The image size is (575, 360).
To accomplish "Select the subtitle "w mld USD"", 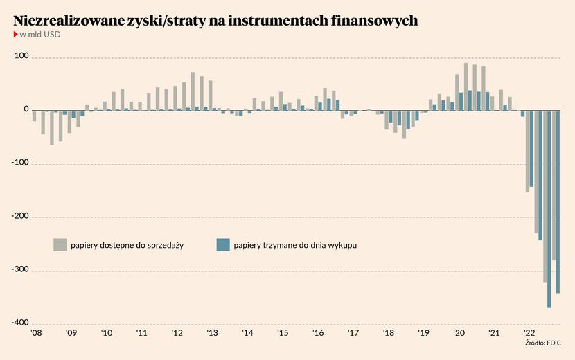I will [x=40, y=34].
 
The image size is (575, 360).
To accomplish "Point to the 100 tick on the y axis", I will [x=21, y=56].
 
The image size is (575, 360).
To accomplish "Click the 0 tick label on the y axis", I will [x=26, y=109].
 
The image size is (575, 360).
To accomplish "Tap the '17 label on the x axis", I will [x=353, y=333].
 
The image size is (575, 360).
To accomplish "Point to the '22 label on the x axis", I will [x=529, y=333].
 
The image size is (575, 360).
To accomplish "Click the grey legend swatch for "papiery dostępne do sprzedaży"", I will [x=60, y=244].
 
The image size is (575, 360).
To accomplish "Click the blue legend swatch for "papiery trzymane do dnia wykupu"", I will [x=223, y=244].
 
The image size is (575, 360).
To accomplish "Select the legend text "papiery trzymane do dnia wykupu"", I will [x=295, y=245].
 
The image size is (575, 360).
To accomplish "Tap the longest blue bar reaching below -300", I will [x=549, y=208].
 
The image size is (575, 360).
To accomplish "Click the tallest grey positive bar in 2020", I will [x=466, y=87].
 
